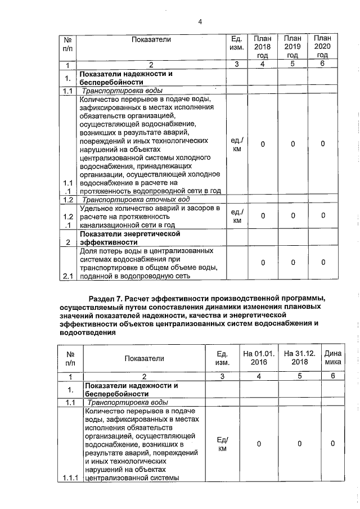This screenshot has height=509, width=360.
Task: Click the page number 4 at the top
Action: click(x=200, y=22)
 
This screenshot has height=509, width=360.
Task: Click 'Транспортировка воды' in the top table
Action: click(x=123, y=91)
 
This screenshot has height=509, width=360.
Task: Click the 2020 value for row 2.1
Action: click(x=322, y=263)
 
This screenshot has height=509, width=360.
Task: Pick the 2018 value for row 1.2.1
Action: click(x=263, y=216)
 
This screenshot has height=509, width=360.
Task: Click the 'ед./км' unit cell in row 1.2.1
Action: click(x=237, y=216)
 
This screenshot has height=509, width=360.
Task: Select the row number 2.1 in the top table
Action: click(x=67, y=276)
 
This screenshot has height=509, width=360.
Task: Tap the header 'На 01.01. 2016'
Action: click(x=259, y=358)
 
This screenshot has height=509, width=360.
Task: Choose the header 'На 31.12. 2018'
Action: click(x=300, y=358)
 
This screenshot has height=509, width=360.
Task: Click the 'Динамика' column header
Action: click(x=332, y=358)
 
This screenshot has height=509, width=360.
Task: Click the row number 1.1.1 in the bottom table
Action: click(x=70, y=478)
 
